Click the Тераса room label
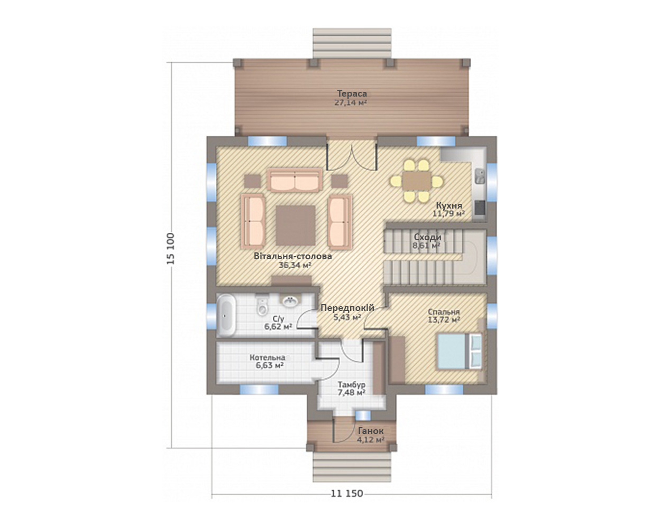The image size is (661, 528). [x=352, y=93]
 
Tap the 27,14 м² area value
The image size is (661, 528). [x=351, y=102]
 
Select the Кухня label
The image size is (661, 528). [x=449, y=205]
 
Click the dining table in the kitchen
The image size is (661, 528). [x=417, y=181]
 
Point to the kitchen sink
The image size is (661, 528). [x=480, y=176]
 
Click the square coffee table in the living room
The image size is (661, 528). [x=296, y=225]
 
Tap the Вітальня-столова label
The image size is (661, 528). [x=293, y=256]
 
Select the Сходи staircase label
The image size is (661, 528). [x=428, y=237]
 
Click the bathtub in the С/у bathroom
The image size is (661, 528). [x=226, y=316]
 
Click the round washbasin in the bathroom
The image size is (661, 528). [x=289, y=301]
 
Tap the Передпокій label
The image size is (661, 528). [x=347, y=308]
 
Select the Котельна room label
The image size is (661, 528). [x=267, y=357]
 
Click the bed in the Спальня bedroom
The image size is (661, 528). [x=460, y=351]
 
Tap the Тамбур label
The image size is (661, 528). [x=351, y=384]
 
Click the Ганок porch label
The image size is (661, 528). [x=371, y=431]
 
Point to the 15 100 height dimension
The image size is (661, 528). [x=170, y=249]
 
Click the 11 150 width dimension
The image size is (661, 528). [x=347, y=493]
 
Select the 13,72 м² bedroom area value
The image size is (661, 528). [x=444, y=320]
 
